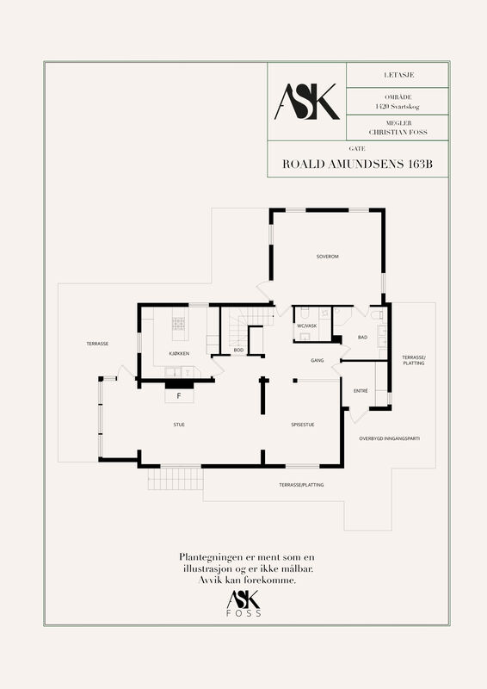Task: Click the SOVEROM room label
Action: coord(328,256)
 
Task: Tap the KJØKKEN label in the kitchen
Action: coord(179,353)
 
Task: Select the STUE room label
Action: coord(179,425)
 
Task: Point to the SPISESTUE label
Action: coord(303,425)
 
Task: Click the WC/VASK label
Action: coord(307,326)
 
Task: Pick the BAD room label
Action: coord(362,337)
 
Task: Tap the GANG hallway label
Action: coord(317,360)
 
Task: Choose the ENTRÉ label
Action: coord(361,391)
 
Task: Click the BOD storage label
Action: coord(238,351)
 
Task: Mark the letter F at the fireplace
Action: coord(179,396)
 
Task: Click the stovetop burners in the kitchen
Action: coord(178,324)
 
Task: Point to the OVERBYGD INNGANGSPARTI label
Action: coord(390,438)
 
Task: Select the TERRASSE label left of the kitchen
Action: coord(97,344)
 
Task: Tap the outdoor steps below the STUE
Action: coord(176,479)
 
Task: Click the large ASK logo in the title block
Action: coord(307,102)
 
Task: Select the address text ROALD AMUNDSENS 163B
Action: coord(357,164)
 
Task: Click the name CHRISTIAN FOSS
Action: coord(398,132)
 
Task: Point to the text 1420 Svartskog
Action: coord(398,106)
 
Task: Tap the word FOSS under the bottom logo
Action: coord(243,613)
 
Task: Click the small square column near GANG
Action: coord(295,381)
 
